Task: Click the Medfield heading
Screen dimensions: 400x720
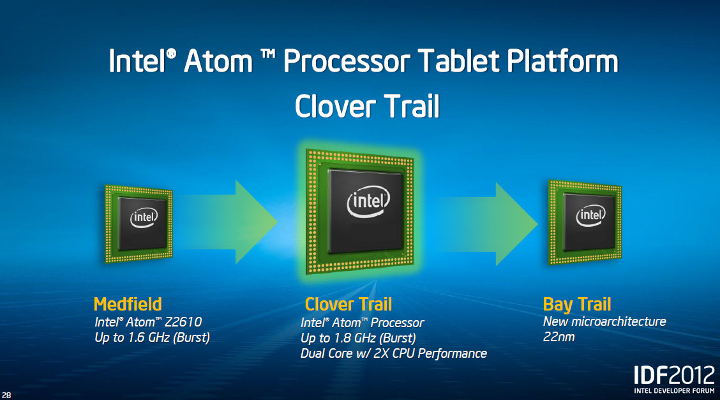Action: pos(128,304)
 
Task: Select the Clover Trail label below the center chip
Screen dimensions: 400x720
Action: pos(349,304)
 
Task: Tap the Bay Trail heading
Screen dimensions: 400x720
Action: pos(577,304)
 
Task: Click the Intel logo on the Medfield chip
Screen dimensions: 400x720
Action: pos(144,218)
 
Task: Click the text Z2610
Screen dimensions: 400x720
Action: pos(186,323)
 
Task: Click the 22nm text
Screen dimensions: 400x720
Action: pos(559,336)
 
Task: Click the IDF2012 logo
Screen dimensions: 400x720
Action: pos(670,375)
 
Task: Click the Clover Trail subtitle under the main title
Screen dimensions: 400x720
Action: pos(367,106)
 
